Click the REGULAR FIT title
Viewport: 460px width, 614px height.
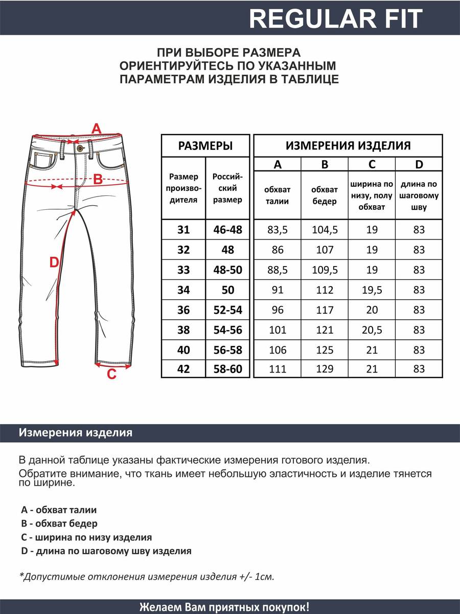point(336,19)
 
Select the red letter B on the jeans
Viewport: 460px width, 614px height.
point(98,179)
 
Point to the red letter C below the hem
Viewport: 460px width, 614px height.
point(111,375)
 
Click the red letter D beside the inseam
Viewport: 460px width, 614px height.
point(54,262)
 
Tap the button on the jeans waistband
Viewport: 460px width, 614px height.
point(79,148)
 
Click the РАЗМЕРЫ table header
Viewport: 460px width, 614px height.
point(205,146)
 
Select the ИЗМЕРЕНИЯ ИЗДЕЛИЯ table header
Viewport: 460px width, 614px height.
point(348,146)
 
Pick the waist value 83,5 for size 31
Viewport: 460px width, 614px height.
point(278,230)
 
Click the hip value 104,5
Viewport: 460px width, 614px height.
point(325,230)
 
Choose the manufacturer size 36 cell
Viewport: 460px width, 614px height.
point(183,310)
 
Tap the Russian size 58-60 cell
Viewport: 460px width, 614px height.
point(228,369)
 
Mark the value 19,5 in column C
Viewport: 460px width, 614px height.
point(372,290)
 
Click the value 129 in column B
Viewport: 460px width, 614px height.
point(325,369)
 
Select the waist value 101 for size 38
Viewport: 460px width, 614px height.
point(278,330)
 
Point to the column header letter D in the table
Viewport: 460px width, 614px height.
point(419,164)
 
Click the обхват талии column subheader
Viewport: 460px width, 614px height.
point(278,195)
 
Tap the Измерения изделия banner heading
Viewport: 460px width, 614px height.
point(76,433)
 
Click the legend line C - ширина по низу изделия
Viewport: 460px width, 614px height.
point(86,537)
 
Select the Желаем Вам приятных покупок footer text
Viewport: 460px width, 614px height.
point(224,607)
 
